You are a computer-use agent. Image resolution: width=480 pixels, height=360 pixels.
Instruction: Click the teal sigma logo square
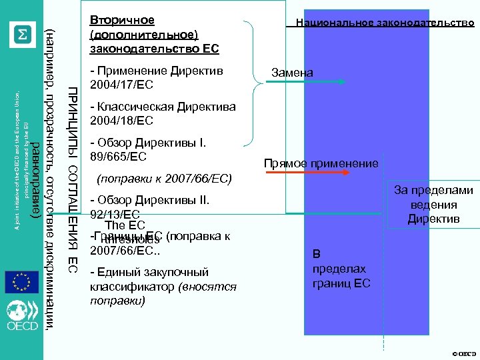point(23,34)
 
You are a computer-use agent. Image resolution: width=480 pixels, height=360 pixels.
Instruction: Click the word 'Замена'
point(291,72)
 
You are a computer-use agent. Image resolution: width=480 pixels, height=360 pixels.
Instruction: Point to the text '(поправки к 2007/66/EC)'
point(164,179)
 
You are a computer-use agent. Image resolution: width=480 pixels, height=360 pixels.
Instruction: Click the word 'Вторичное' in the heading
point(121,21)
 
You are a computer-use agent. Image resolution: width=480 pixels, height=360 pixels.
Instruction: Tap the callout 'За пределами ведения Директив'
point(433,205)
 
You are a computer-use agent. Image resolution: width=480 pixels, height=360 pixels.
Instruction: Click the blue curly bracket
point(249,83)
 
